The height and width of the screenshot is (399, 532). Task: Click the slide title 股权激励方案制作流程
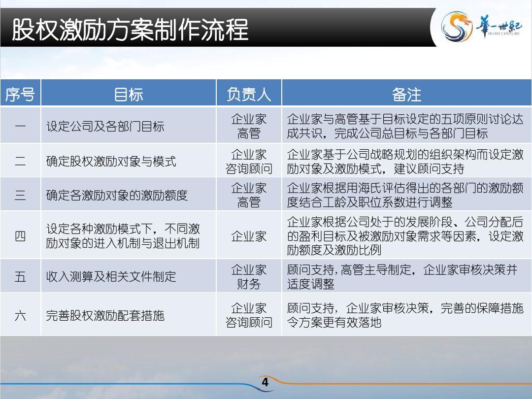pos(130,30)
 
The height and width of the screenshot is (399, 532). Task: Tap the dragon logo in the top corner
pos(456,27)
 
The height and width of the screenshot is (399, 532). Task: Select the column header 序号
pos(20,94)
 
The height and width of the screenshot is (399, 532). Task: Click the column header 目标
pos(128,94)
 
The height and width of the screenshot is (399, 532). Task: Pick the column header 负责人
pos(249,94)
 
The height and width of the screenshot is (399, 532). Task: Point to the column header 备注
pos(406,94)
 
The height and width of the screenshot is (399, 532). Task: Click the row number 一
pos(20,126)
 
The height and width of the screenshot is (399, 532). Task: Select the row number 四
pos(20,236)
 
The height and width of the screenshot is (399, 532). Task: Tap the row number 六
pos(20,316)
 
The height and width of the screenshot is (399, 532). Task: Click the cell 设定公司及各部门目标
pos(105,126)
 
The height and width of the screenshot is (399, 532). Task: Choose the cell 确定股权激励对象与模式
pos(111,161)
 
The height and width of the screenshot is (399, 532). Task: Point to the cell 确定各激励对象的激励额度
pos(117,195)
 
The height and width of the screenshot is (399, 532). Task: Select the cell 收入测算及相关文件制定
pos(111,276)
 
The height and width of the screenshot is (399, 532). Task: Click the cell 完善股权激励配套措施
pos(105,316)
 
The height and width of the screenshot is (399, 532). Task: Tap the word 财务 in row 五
pos(249,284)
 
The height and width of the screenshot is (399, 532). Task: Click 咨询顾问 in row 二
pos(249,168)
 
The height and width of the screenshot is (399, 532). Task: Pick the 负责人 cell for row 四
pos(249,236)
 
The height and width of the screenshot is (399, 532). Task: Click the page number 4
pos(265,382)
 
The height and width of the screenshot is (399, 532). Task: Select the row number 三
pos(20,195)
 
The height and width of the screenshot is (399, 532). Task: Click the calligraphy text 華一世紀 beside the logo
pos(499,26)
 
